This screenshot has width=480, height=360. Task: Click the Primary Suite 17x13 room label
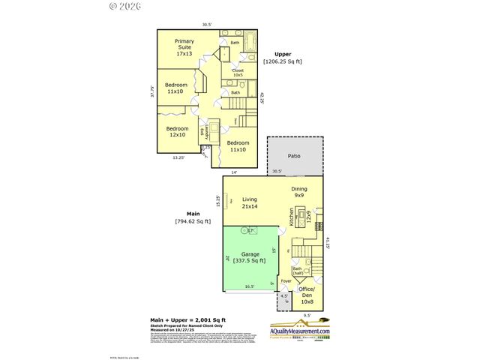pos(184,46)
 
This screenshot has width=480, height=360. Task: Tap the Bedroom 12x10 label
pos(176,132)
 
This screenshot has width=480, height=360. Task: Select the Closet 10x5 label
pos(237,73)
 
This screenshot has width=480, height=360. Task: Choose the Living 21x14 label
pos(249,202)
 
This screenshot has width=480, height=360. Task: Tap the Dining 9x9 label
pos(299,192)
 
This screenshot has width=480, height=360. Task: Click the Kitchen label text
pos(292,216)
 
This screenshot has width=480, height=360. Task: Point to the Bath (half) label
pos(298,271)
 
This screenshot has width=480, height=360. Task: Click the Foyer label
pos(286,282)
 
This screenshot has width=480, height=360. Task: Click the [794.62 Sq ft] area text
pos(193,221)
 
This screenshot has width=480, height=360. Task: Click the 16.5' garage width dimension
pos(248,286)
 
